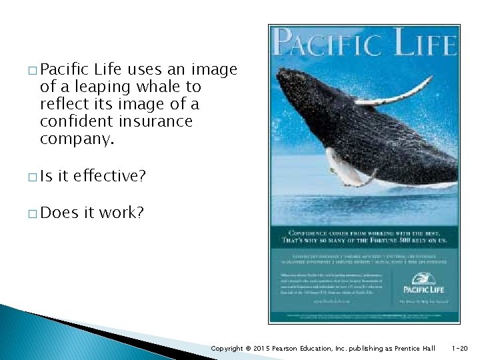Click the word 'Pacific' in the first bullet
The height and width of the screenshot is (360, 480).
coord(65,69)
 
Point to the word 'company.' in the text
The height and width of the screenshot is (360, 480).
coord(77,139)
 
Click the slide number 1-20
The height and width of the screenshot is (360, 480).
coord(460,348)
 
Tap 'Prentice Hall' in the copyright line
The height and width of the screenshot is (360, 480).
coord(414,348)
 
